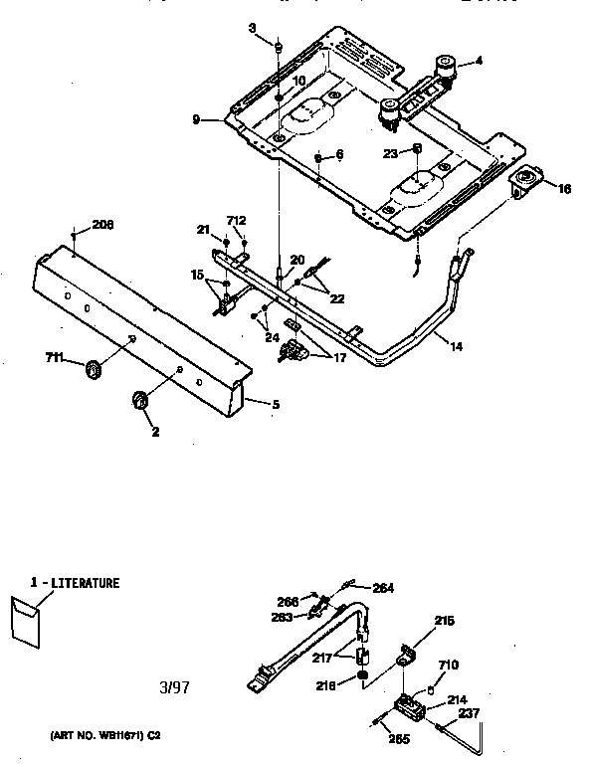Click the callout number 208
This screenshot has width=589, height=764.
[x=102, y=225]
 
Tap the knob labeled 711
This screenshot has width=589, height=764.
[x=95, y=370]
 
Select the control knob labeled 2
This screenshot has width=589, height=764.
[x=137, y=400]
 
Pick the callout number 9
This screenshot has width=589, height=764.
[x=197, y=119]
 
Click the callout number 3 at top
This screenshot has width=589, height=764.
[x=252, y=27]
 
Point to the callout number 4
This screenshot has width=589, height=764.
[x=479, y=61]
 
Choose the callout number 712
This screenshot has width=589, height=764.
[x=236, y=221]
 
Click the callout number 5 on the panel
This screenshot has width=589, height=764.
[x=276, y=404]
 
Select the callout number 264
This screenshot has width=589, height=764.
[x=382, y=588]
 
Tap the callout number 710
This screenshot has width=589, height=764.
[x=450, y=665]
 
